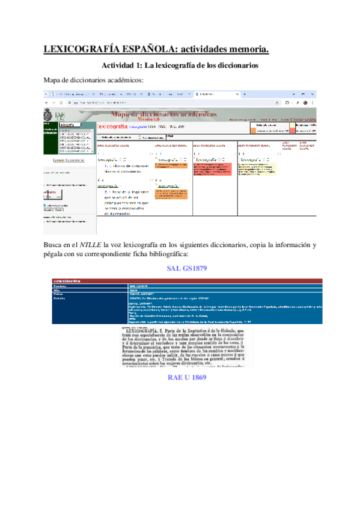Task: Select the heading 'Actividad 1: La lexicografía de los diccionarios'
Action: (180, 64)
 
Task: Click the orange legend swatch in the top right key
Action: (272, 129)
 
